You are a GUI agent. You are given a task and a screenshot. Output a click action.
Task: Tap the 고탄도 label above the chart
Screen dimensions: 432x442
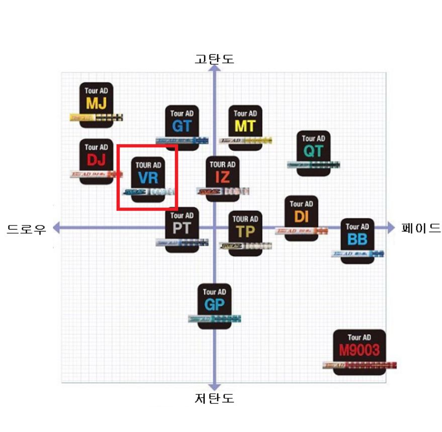[215, 59]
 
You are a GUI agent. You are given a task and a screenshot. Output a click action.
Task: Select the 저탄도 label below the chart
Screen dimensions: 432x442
[215, 399]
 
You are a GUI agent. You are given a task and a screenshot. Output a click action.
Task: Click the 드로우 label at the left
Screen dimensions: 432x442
[27, 229]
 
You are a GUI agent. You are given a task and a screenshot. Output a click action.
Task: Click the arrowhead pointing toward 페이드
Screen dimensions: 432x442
[391, 228]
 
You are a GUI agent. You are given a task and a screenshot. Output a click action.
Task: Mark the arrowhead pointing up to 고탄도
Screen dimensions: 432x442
[215, 69]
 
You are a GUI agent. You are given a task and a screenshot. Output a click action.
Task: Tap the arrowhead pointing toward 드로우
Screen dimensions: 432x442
[57, 228]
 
